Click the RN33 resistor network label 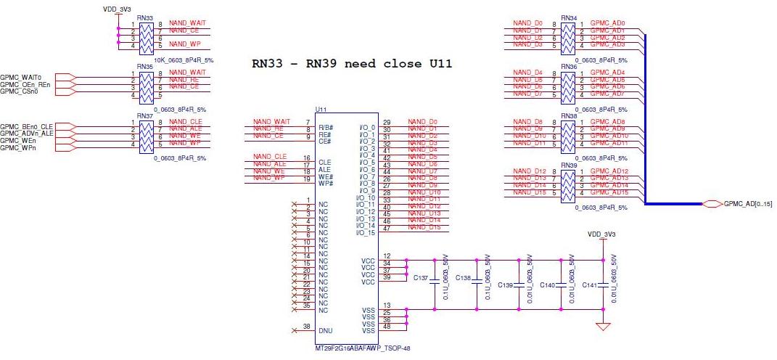144,17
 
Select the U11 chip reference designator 321,110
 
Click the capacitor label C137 421,278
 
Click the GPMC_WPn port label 16,148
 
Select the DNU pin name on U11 325,330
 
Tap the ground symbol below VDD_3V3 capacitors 601,327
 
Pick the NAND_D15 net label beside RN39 529,192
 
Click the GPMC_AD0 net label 607,23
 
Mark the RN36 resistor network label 568,66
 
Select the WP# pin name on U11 325,183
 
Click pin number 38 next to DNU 308,327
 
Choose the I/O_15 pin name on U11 366,233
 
